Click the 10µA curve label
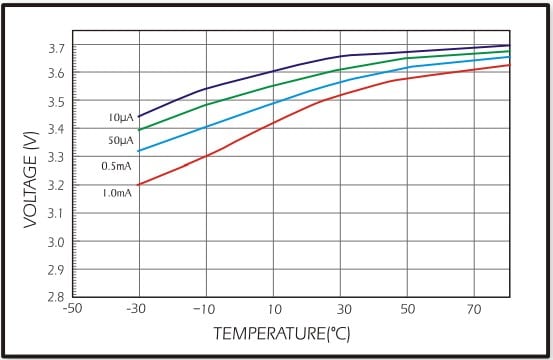coord(120,118)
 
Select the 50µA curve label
coord(120,142)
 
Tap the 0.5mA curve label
coord(117,166)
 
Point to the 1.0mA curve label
coord(117,191)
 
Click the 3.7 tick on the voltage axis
coord(55,48)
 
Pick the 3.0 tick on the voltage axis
coord(55,242)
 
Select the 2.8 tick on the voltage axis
coord(55,297)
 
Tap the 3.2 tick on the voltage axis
coord(55,186)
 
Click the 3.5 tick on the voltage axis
coord(55,102)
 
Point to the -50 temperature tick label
coord(71,309)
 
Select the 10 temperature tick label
coord(273,309)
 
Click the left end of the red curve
coord(138,185)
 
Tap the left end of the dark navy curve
coord(138,117)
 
